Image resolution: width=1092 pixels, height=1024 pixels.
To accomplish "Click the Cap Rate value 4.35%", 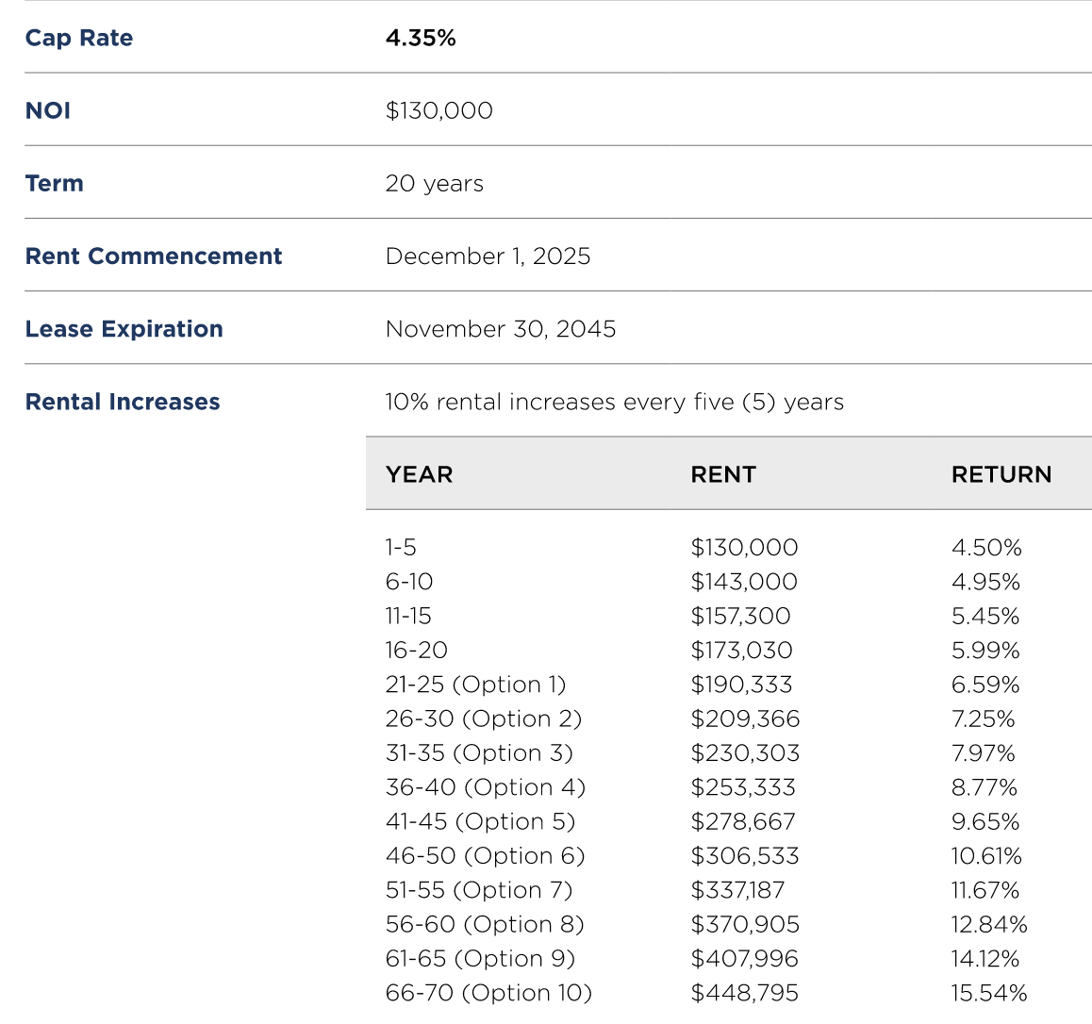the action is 421,38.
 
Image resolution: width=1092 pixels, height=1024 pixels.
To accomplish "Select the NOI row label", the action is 48,110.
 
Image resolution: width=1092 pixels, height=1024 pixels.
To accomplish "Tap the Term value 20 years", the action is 435,184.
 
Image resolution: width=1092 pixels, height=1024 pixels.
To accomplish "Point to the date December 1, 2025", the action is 488,256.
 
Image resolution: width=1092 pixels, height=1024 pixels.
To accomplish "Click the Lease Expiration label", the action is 124,329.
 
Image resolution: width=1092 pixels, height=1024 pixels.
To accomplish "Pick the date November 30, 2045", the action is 501,329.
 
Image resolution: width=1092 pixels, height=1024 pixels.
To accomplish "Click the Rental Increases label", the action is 123,402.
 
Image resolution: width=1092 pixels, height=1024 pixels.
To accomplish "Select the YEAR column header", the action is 420,475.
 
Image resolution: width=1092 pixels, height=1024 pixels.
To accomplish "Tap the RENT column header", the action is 723,475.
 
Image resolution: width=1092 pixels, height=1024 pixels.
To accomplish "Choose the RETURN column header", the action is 1001,475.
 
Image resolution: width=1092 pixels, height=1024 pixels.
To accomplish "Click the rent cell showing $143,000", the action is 744,582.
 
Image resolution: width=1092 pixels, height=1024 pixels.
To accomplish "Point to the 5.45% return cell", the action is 985,616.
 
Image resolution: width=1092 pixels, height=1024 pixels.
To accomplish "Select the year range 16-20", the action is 417,651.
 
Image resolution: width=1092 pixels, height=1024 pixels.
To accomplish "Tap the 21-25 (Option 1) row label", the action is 475,685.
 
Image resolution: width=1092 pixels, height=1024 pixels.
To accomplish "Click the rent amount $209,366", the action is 745,719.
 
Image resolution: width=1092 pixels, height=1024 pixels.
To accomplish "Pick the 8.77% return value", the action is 984,787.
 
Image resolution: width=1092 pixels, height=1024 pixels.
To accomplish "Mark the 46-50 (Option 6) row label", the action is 486,855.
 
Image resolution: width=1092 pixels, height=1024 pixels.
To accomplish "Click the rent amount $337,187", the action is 737,890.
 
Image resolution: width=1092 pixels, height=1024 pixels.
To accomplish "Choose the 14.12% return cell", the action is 985,959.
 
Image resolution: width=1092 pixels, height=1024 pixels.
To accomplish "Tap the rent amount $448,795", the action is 744,994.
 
